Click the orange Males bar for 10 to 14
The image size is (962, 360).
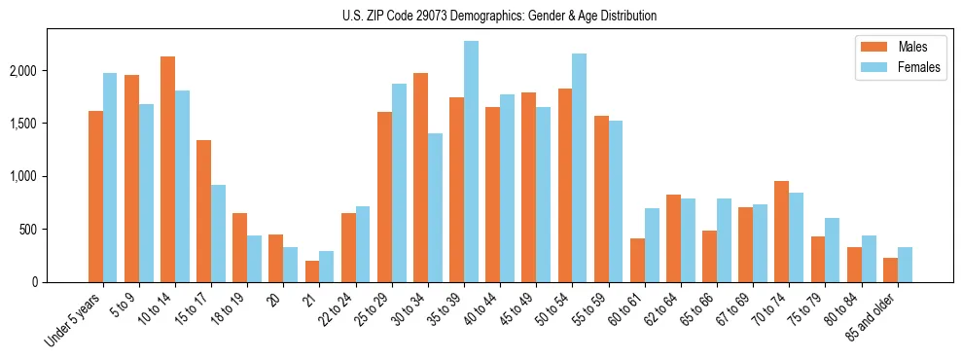[168, 169]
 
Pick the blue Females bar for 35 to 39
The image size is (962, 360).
[471, 162]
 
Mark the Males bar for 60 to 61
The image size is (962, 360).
[637, 260]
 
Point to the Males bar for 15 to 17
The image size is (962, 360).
[204, 211]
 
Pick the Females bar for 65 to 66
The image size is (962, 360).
[724, 240]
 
